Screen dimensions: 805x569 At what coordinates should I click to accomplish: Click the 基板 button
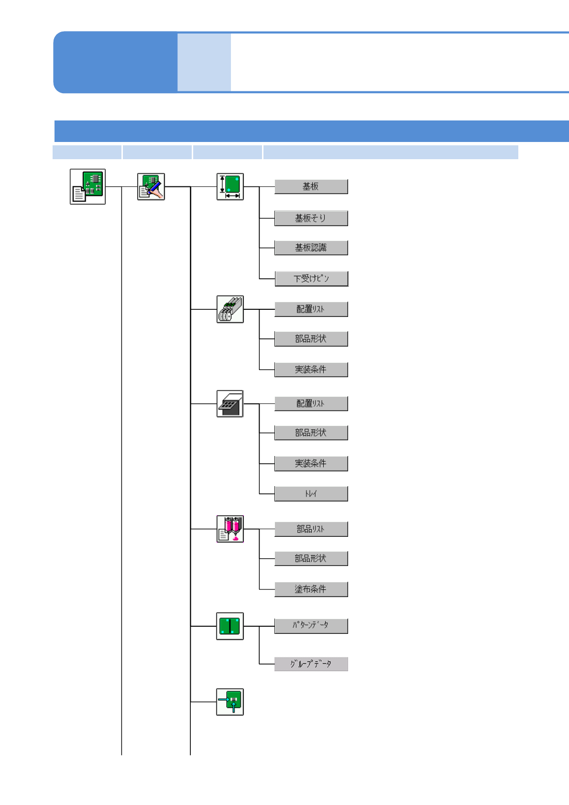click(x=311, y=186)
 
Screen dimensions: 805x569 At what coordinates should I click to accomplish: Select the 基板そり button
click(x=311, y=218)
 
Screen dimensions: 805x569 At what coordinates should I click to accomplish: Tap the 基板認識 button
click(x=311, y=248)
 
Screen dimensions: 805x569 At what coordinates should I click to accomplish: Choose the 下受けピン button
click(x=311, y=278)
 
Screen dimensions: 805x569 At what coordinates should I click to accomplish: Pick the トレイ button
click(x=311, y=493)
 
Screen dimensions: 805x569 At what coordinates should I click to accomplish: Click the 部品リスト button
click(x=311, y=529)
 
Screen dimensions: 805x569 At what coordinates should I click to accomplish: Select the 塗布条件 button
click(x=311, y=589)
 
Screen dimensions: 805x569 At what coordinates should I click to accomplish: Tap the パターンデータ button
click(x=311, y=625)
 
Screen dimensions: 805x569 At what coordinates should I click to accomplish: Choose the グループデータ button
click(x=311, y=664)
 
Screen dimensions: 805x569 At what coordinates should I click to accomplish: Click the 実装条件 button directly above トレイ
click(x=311, y=463)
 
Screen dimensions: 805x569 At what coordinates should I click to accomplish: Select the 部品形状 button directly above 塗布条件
click(x=311, y=558)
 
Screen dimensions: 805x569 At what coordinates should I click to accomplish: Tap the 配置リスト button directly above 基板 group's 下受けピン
click(x=311, y=309)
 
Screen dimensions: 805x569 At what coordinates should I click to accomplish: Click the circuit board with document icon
click(x=88, y=186)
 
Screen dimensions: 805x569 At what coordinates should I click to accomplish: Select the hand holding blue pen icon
click(x=151, y=186)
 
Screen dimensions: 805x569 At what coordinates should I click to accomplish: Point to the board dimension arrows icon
click(x=230, y=186)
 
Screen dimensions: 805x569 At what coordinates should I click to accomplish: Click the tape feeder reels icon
click(x=230, y=309)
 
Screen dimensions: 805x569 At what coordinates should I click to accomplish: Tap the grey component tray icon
click(x=230, y=403)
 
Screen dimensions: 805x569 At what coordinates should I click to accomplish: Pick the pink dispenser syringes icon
click(x=230, y=529)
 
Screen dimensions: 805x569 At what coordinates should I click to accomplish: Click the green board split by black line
click(x=230, y=626)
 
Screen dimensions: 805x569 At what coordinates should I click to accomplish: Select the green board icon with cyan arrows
click(x=230, y=702)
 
